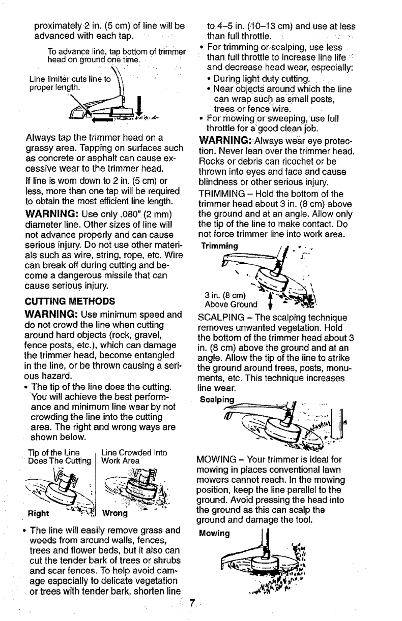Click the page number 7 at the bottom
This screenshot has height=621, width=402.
tap(192, 603)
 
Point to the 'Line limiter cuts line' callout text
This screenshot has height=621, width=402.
tap(68, 83)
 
